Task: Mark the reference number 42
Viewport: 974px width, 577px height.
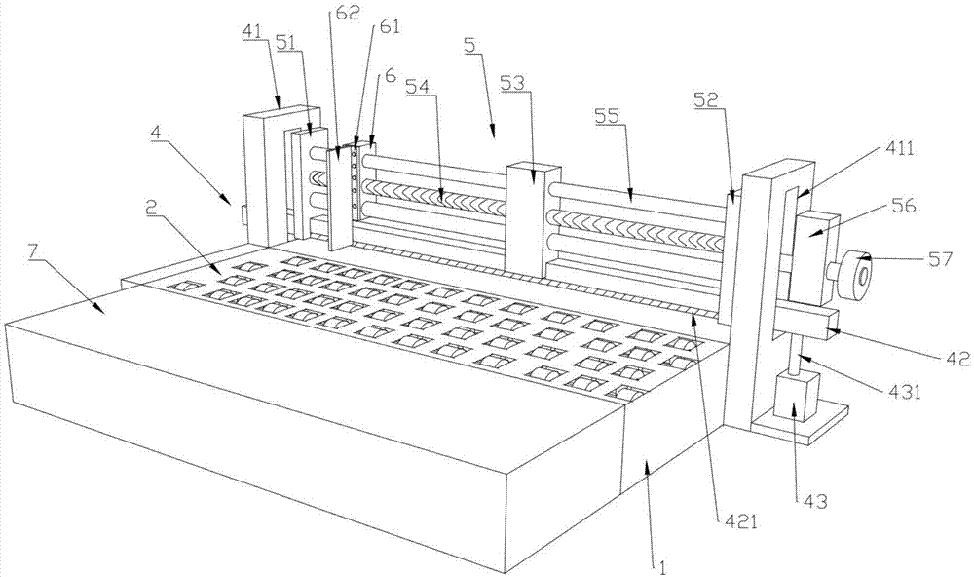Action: point(959,359)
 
